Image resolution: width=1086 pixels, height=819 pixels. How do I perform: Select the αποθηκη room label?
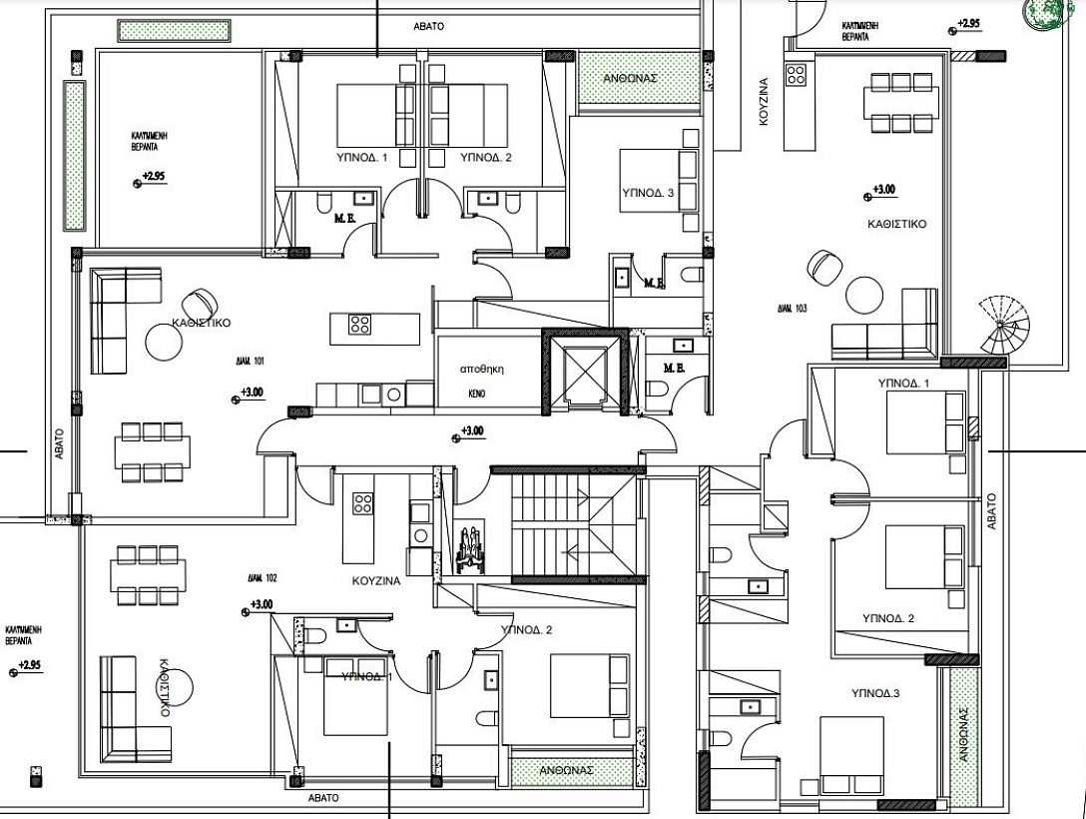coord(479,369)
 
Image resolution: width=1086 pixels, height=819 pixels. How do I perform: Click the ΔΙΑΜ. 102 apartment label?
coord(266,577)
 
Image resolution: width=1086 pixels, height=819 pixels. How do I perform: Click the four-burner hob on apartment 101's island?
coord(360,325)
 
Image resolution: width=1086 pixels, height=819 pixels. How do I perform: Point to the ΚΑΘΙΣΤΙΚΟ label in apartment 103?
coord(898,225)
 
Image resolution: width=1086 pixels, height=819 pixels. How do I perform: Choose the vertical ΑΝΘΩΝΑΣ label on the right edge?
coord(964,734)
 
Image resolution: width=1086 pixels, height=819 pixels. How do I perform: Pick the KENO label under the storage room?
coord(477,394)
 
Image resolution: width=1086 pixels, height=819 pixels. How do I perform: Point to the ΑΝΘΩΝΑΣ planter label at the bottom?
coord(567,771)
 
